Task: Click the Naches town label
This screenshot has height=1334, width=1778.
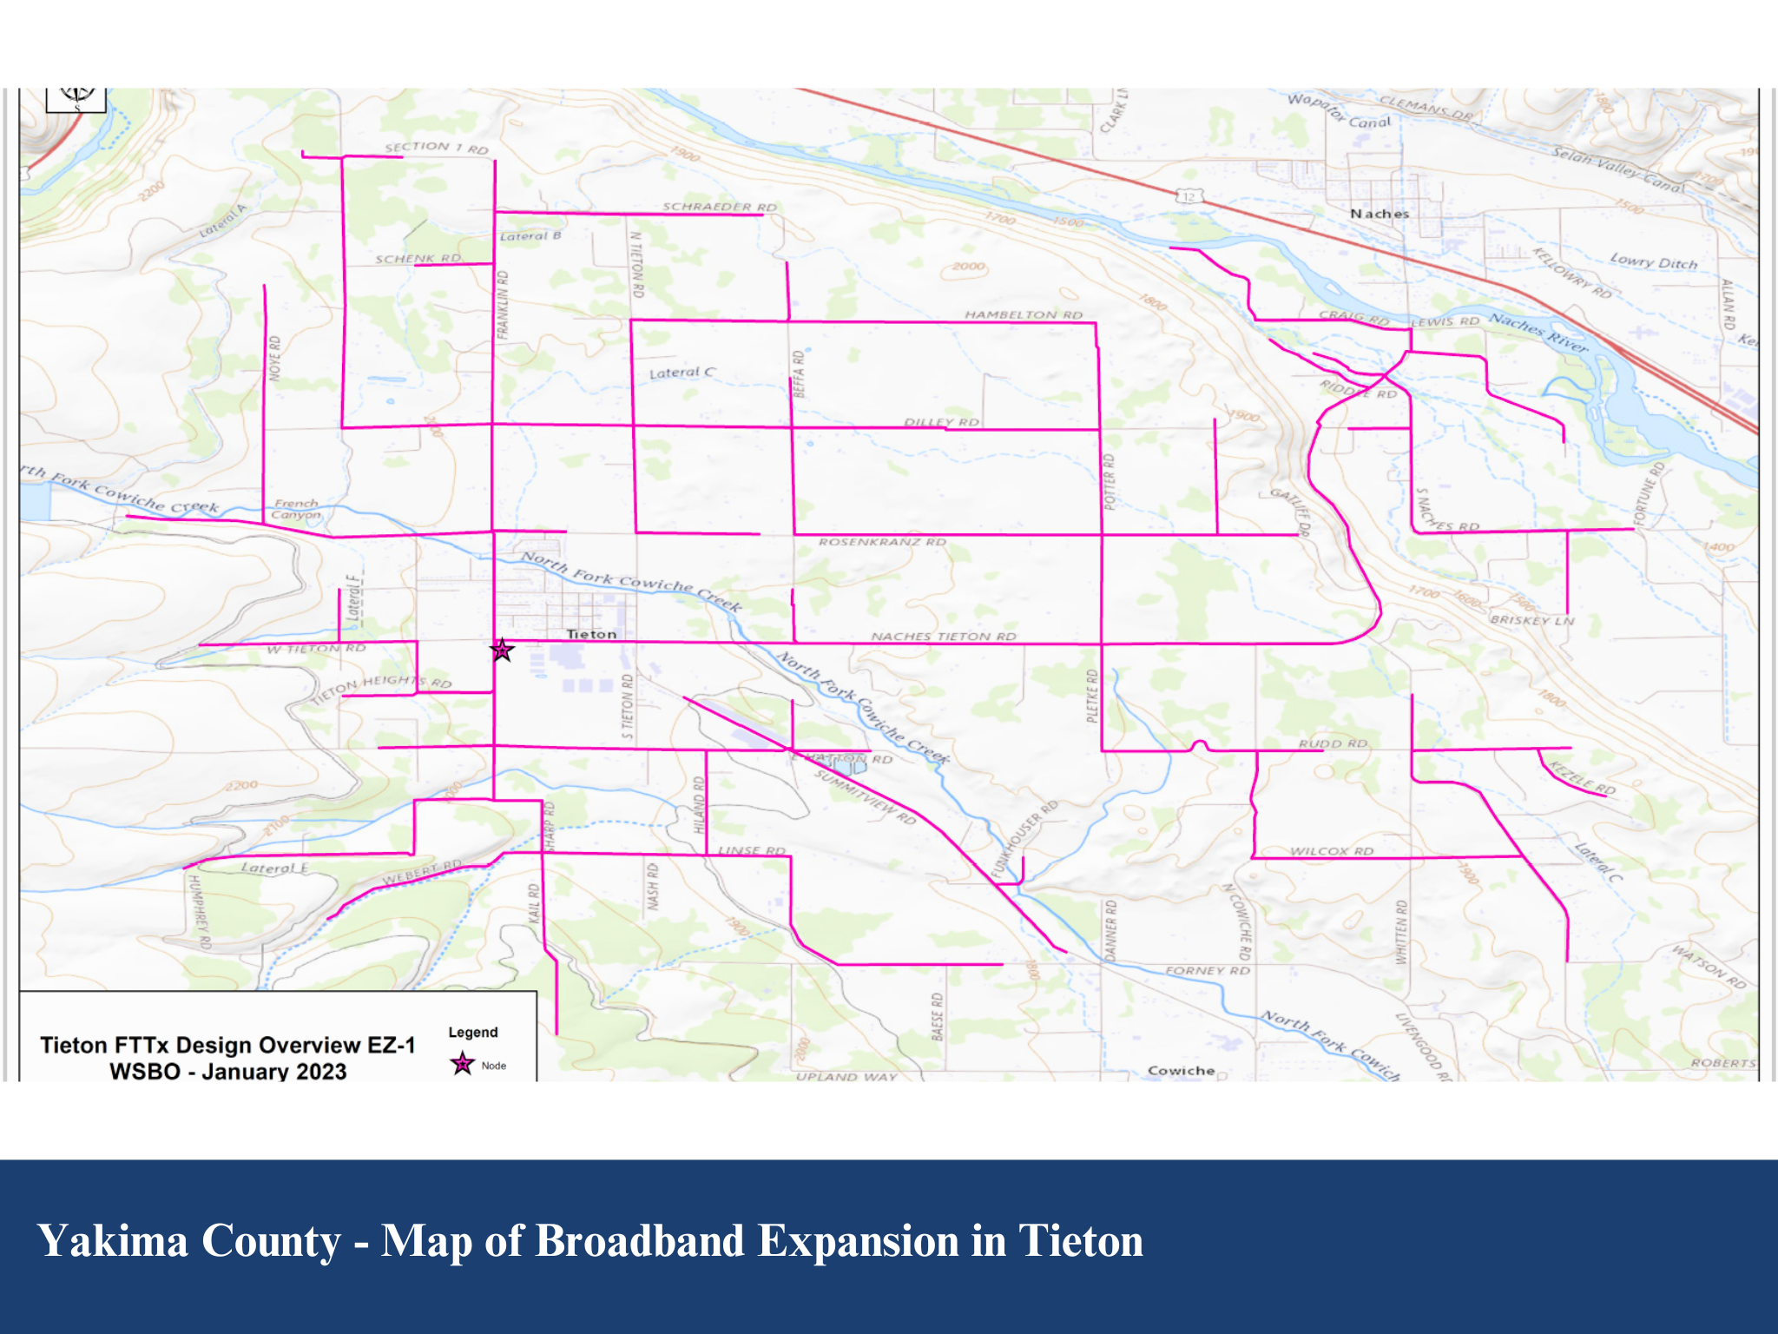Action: coord(1380,214)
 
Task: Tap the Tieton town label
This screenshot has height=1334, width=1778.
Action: coord(591,634)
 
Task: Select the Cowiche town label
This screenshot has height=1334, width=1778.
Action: coord(1181,1070)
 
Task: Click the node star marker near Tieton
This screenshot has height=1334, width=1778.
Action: coord(502,650)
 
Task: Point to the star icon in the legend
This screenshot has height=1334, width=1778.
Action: coord(463,1063)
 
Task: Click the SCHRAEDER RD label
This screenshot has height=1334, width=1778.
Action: coord(720,207)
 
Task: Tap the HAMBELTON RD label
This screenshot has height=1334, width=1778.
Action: coord(1024,314)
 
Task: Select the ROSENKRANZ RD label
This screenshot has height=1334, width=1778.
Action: coord(882,542)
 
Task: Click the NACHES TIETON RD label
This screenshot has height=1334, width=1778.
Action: coord(944,637)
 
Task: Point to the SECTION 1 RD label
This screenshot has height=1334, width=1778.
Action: coord(437,148)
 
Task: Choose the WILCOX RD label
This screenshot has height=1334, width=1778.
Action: coord(1332,851)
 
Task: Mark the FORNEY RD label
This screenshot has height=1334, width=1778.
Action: coord(1208,970)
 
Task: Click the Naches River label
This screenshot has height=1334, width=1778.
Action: coord(1539,332)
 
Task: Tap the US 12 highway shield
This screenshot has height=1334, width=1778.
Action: coord(1189,197)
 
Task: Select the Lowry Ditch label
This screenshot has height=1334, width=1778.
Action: coord(1653,261)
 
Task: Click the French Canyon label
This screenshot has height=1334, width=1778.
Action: coord(296,509)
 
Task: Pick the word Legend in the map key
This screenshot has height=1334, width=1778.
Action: coord(473,1032)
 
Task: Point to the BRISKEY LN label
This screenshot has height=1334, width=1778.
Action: coord(1531,620)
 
